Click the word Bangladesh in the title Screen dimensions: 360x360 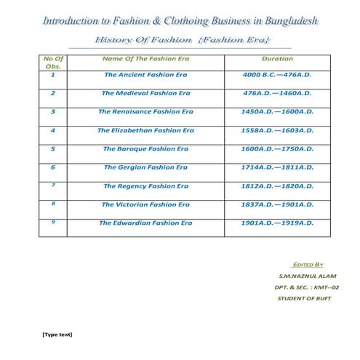284,20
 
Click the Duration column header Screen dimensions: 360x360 276,57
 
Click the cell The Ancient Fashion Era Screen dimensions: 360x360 145,75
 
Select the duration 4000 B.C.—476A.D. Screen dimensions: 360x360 276,75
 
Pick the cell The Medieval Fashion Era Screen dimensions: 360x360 145,93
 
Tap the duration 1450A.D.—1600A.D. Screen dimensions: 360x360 276,112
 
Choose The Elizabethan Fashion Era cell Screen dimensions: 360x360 145,130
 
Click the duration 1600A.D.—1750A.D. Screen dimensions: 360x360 276,148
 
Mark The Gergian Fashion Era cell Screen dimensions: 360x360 145,167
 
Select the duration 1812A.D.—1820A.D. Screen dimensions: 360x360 276,185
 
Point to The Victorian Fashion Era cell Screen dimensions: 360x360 145,204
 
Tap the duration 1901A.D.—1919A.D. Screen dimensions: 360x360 276,223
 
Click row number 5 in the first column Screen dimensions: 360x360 53,148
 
